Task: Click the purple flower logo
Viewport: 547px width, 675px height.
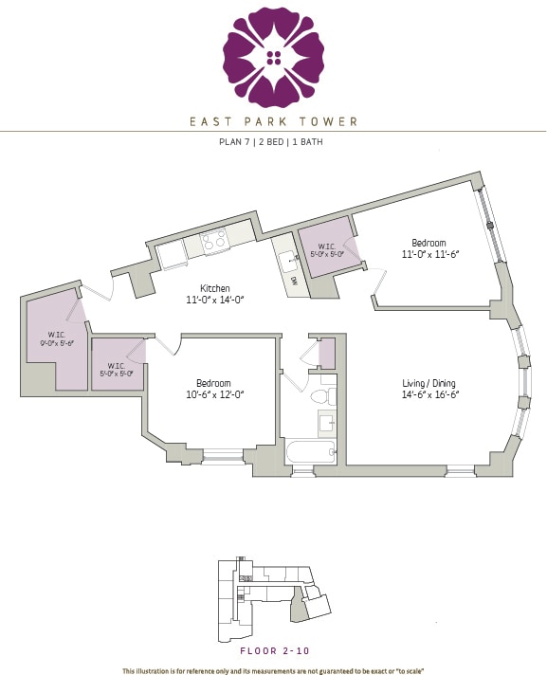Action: (x=273, y=58)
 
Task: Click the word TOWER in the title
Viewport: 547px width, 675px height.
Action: (x=333, y=121)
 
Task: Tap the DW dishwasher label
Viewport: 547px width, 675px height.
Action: (x=294, y=282)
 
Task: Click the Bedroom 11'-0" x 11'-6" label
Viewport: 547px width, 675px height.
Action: (x=428, y=247)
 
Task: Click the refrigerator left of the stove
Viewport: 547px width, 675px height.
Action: (x=171, y=254)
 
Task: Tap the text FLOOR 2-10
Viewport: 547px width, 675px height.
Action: (x=273, y=651)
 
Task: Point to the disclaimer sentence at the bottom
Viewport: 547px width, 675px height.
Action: (x=273, y=670)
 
